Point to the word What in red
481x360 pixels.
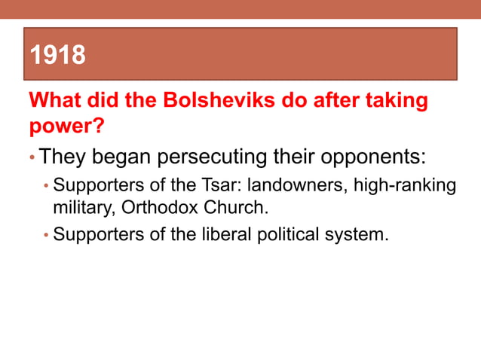pyautogui.click(x=55, y=100)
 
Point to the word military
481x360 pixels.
pyautogui.click(x=81, y=206)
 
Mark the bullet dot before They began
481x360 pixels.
pyautogui.click(x=32, y=159)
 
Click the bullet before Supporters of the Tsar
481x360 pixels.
pyautogui.click(x=46, y=186)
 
